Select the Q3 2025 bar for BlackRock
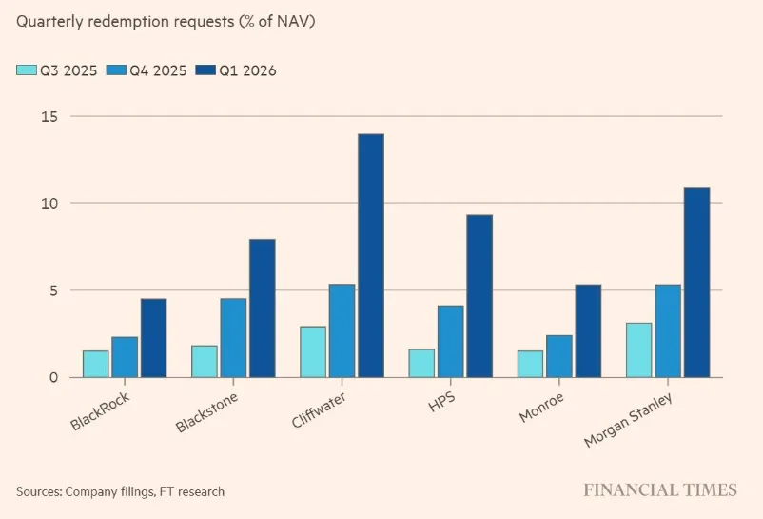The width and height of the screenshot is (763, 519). point(95,364)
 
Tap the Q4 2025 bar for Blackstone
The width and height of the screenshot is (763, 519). point(233,338)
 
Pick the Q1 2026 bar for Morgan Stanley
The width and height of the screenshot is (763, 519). point(697,282)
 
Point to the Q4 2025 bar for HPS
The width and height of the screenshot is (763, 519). point(451,341)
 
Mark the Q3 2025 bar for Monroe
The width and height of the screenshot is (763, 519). point(530,364)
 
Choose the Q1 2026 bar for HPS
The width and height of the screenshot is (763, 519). point(479,296)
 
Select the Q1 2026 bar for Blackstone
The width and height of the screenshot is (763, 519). point(262,308)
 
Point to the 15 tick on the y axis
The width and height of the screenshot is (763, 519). point(49,116)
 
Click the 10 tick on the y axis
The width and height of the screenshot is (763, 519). point(49,203)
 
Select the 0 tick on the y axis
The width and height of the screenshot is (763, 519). point(53,377)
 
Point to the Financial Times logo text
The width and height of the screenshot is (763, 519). point(660,490)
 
